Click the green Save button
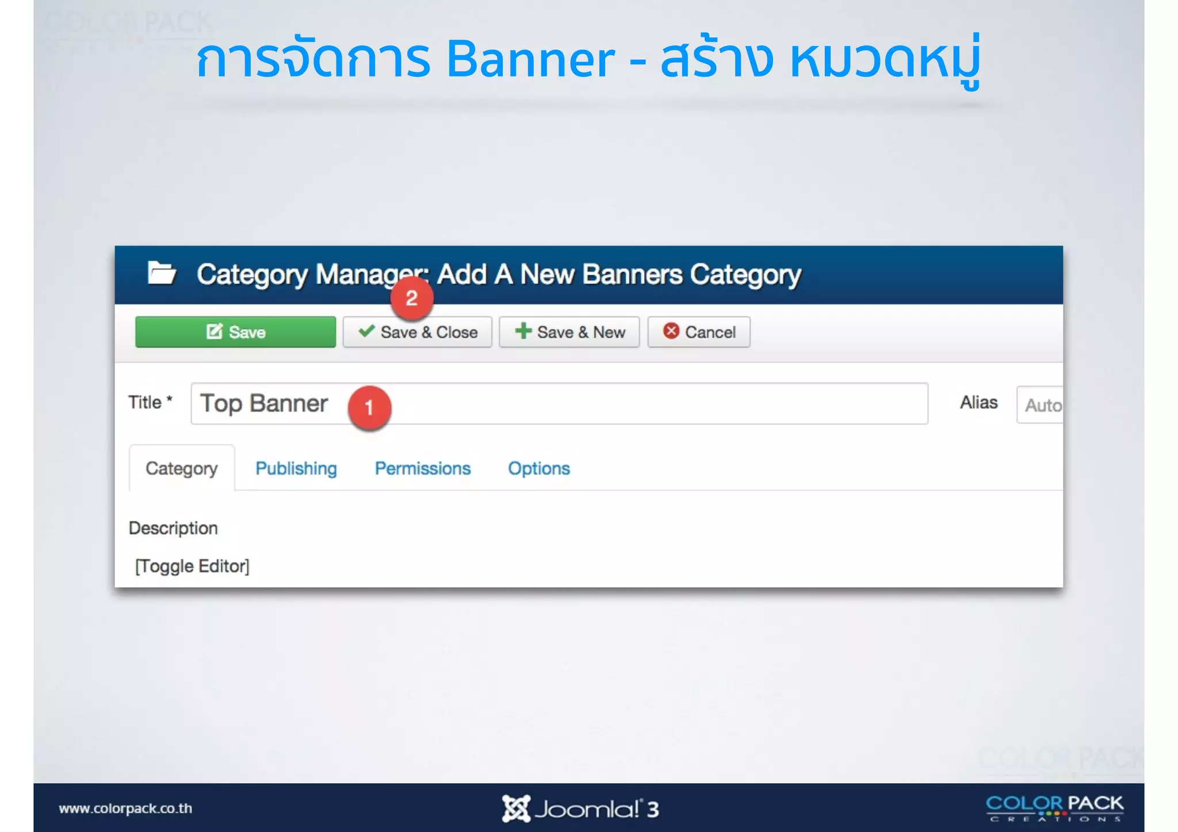coord(235,332)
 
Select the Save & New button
coord(569,332)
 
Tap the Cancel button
coord(699,332)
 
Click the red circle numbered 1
coord(369,407)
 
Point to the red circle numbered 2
coord(411,298)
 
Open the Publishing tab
coord(296,469)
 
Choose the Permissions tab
coord(423,469)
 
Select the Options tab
coord(539,469)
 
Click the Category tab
coord(182,469)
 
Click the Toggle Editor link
coord(192,566)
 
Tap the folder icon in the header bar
coord(162,273)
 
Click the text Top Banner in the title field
coord(264,404)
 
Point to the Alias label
coord(978,402)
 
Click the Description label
coord(173,528)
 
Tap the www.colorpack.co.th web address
coord(125,808)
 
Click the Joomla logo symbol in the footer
coord(515,808)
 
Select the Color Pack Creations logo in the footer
coord(1054,808)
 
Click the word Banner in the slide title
coord(530,60)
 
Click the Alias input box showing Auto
coord(1040,405)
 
